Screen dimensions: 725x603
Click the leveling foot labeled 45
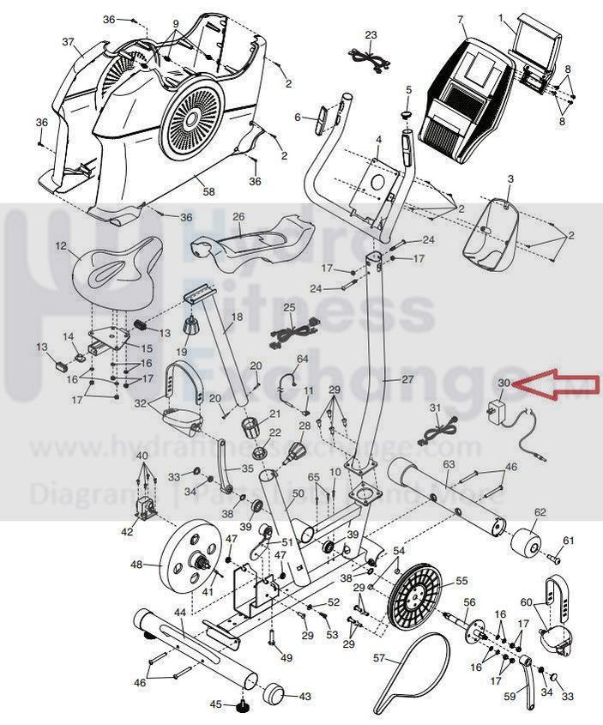pos(243,705)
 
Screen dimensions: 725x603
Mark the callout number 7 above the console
pos(461,19)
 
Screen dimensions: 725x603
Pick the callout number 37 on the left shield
pos(68,42)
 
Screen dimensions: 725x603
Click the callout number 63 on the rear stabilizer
pos(449,465)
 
